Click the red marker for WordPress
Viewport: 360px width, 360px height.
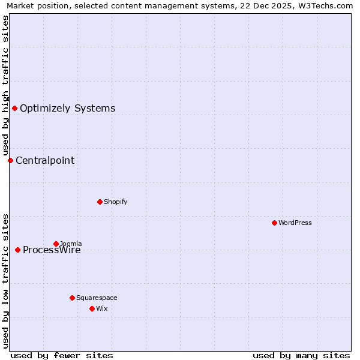(x=274, y=223)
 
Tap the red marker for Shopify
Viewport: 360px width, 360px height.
(x=100, y=202)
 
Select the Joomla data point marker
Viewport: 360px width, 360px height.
(x=56, y=244)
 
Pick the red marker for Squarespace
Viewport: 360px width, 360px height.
(x=72, y=298)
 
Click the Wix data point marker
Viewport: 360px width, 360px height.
(x=92, y=308)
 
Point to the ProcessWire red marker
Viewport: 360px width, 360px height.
(x=17, y=250)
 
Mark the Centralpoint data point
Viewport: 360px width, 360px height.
(x=10, y=160)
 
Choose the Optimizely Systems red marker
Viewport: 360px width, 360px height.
(x=14, y=108)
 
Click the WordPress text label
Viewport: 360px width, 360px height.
(x=295, y=223)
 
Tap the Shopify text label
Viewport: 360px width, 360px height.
(x=115, y=202)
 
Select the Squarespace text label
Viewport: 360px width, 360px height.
(x=97, y=298)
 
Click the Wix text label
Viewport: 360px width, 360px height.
(x=101, y=308)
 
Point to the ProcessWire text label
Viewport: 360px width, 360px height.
(x=52, y=250)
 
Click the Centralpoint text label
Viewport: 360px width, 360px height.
(x=45, y=160)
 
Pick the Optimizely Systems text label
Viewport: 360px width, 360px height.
(x=67, y=109)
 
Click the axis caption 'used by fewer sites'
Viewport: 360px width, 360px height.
(x=62, y=355)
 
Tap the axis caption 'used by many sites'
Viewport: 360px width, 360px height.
(x=301, y=355)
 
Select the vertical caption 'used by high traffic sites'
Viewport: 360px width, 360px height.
(x=5, y=86)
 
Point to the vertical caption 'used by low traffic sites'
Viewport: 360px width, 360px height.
(x=5, y=281)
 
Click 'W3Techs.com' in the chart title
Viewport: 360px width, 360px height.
(x=325, y=5)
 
